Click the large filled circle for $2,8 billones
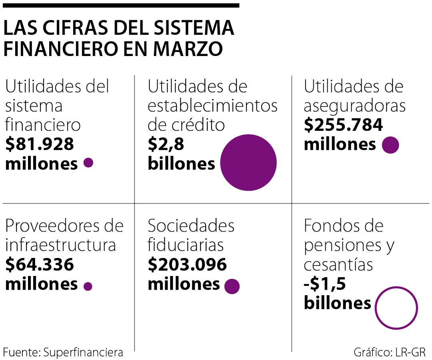pyautogui.click(x=248, y=162)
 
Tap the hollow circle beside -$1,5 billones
pyautogui.click(x=396, y=308)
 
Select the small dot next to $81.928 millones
pyautogui.click(x=88, y=163)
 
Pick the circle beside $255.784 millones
pyautogui.click(x=390, y=145)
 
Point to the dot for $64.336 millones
pyautogui.click(x=88, y=286)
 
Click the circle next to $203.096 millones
pyautogui.click(x=232, y=286)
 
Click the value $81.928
pyautogui.click(x=40, y=144)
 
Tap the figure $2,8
pyautogui.click(x=166, y=144)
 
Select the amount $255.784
pyautogui.click(x=343, y=125)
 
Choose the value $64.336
pyautogui.click(x=40, y=265)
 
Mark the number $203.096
pyautogui.click(x=187, y=265)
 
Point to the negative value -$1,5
pyautogui.click(x=325, y=284)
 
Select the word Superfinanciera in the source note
pyautogui.click(x=83, y=352)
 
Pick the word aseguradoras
pyautogui.click(x=355, y=106)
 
